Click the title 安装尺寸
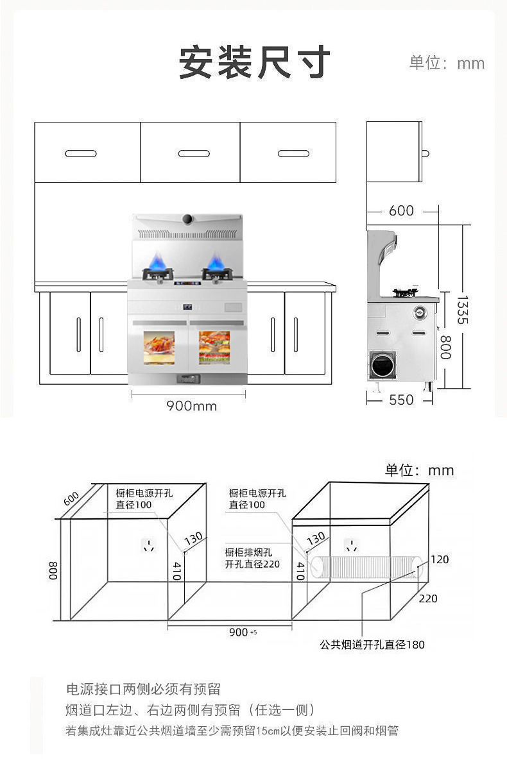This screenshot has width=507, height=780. pos(254,62)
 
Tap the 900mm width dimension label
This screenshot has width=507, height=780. pos(192,405)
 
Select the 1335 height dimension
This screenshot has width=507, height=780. pos(462,310)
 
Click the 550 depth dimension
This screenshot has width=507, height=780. pos(401,400)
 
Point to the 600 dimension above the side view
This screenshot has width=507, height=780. pos(401,210)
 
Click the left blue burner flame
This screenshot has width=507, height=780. pos(157,261)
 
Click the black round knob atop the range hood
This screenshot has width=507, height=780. pos(187,219)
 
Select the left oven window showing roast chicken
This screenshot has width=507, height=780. pos(159,348)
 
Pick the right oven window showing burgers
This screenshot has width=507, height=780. pos(214,348)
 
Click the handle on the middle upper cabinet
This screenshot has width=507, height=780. pos(194,153)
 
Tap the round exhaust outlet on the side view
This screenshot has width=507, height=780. pos(382,365)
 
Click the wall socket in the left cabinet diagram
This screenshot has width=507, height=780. pos(150,545)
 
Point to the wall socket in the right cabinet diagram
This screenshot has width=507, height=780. pos(352,545)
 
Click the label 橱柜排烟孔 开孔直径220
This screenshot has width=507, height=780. pos(252,558)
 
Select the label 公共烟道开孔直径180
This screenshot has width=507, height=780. pos(372,644)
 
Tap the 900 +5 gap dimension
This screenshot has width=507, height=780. pos(243,632)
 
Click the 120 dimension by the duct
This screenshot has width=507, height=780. pos(440,559)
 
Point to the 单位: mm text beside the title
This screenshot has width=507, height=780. pos(447,63)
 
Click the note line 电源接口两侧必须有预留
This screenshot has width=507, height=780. pos(143,689)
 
